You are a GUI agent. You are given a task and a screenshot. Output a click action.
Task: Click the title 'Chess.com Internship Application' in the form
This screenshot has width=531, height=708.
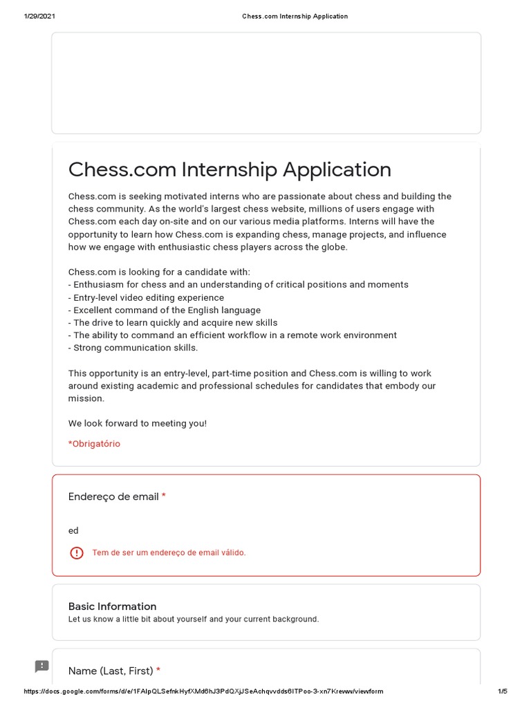click(230, 169)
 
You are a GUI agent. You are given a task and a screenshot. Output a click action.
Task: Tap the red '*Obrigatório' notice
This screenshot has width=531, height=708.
click(94, 444)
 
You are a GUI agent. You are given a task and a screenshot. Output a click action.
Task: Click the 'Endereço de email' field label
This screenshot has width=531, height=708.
click(113, 497)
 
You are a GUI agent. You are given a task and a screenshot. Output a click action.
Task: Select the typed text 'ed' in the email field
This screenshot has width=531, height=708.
click(73, 531)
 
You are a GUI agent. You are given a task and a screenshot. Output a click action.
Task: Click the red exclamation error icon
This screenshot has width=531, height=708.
click(77, 553)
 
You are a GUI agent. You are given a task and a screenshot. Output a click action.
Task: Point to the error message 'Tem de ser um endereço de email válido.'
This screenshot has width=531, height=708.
click(169, 553)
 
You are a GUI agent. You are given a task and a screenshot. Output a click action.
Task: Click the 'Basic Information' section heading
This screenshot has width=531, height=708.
click(113, 606)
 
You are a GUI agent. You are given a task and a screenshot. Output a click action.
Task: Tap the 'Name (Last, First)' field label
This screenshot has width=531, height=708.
click(111, 671)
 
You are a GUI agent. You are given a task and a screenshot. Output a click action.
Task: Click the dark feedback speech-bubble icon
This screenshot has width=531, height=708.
click(42, 667)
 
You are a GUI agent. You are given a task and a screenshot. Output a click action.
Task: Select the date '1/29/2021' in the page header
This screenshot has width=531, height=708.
click(39, 16)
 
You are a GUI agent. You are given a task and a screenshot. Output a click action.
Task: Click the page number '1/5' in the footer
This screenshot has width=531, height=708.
click(503, 691)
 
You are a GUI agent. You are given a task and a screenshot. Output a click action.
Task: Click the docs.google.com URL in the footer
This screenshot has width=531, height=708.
click(203, 691)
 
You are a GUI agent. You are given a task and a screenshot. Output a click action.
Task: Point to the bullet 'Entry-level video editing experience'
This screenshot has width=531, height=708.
click(146, 297)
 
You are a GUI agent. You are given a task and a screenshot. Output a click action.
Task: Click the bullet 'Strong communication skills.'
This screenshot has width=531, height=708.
click(133, 348)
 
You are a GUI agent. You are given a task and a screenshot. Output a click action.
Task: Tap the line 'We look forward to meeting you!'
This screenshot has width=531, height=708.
click(138, 423)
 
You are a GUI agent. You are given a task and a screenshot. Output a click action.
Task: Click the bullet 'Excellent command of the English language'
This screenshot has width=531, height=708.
click(165, 310)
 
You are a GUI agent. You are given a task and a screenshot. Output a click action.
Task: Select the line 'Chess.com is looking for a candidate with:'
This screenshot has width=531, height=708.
click(159, 272)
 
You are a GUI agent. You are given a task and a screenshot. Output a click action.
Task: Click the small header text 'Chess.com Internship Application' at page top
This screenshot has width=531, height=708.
click(295, 16)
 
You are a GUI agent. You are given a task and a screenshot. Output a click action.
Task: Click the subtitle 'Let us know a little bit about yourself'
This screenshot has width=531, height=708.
click(194, 619)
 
